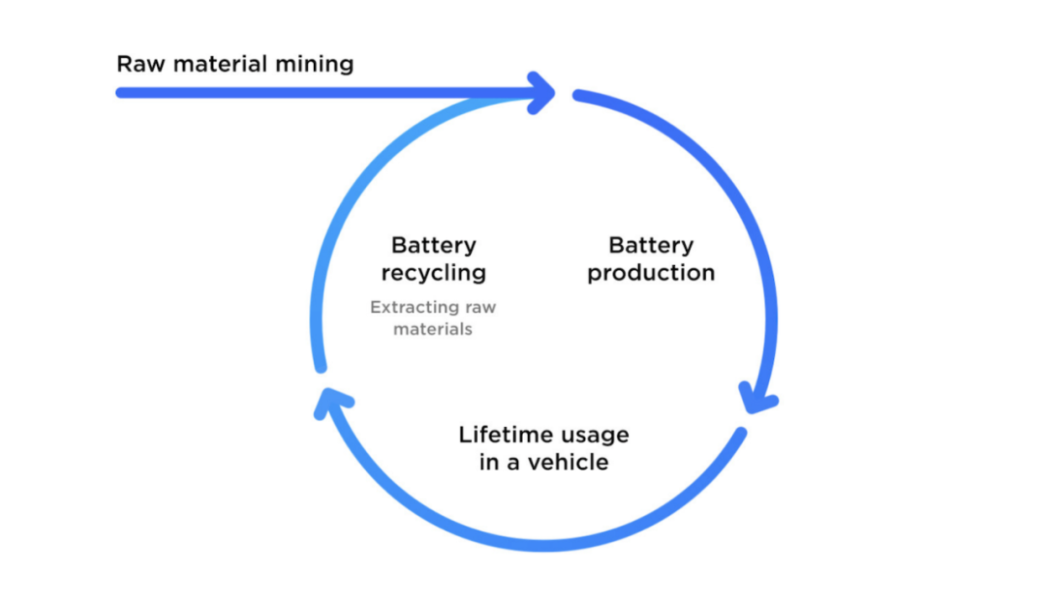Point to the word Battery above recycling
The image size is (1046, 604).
[x=433, y=246]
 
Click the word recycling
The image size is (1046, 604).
[x=433, y=273]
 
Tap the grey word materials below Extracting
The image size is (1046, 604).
[x=433, y=330]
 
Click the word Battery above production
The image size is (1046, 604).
[x=651, y=246]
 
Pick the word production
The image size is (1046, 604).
[x=651, y=274]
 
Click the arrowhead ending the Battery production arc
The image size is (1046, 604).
[x=758, y=400]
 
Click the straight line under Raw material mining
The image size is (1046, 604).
[x=291, y=93]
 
